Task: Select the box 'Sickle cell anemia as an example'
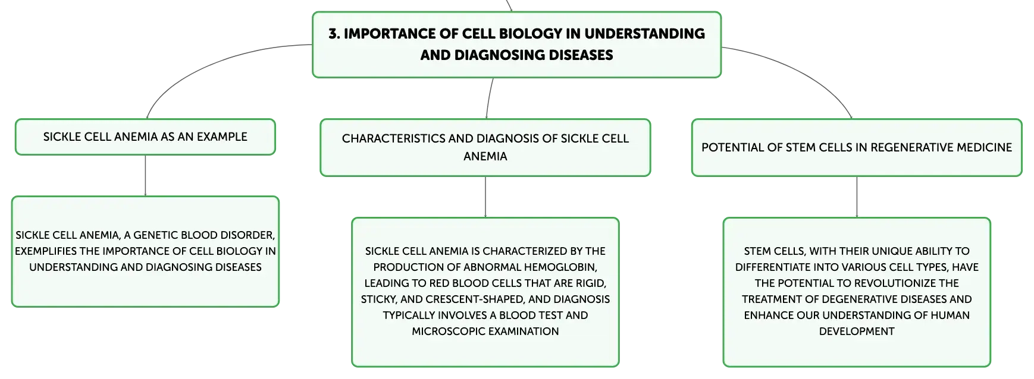tap(145, 137)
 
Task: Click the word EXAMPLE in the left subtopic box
tap(222, 137)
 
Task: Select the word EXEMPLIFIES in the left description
tap(46, 251)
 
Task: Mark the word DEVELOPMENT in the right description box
tap(857, 331)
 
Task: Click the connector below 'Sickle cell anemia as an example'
tap(145, 176)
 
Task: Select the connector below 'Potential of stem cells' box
tap(857, 197)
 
